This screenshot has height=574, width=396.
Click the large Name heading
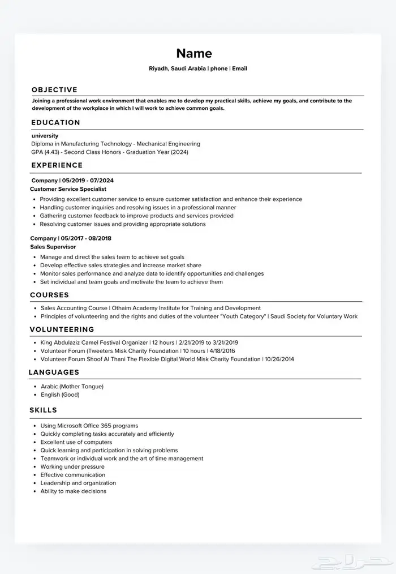(x=194, y=53)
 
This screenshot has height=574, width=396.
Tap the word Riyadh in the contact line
(x=159, y=68)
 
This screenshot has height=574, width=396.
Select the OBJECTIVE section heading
(x=54, y=90)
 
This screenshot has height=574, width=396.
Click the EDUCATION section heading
(x=56, y=122)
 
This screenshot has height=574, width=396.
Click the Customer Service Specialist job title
(x=68, y=189)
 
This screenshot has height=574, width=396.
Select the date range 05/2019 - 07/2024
(x=88, y=181)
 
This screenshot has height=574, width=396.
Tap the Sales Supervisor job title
(x=53, y=247)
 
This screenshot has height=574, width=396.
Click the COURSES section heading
(x=50, y=295)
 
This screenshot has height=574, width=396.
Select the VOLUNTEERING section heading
(x=62, y=329)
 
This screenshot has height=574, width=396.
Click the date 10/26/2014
(x=279, y=359)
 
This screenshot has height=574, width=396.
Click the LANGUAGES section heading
(x=54, y=372)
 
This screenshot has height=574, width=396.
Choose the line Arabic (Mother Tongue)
(x=72, y=386)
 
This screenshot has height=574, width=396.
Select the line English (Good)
(x=60, y=395)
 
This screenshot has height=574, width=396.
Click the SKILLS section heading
(x=44, y=410)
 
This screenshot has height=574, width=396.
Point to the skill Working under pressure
(x=72, y=467)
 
